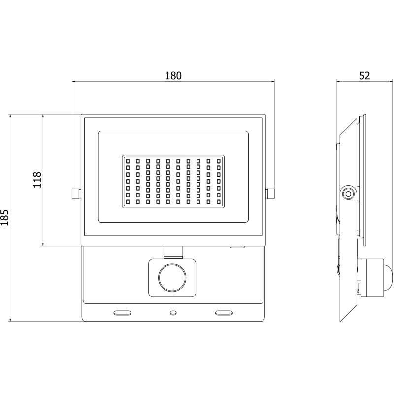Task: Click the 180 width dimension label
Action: click(x=173, y=76)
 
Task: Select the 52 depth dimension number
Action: click(x=364, y=76)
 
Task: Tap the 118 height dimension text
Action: click(x=37, y=180)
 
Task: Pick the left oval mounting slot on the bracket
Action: click(x=123, y=312)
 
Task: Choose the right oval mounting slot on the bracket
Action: click(x=224, y=312)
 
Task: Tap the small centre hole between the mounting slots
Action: click(x=173, y=312)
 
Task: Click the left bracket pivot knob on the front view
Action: click(x=75, y=194)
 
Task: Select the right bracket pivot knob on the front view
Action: click(x=270, y=194)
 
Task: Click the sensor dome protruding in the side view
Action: click(x=387, y=277)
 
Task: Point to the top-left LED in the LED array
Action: click(x=128, y=161)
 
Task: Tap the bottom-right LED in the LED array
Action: click(x=219, y=202)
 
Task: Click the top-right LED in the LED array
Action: click(x=219, y=161)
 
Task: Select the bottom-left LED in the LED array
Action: click(x=128, y=202)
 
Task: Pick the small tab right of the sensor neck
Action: click(x=238, y=247)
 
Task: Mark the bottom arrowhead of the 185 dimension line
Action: click(x=10, y=320)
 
